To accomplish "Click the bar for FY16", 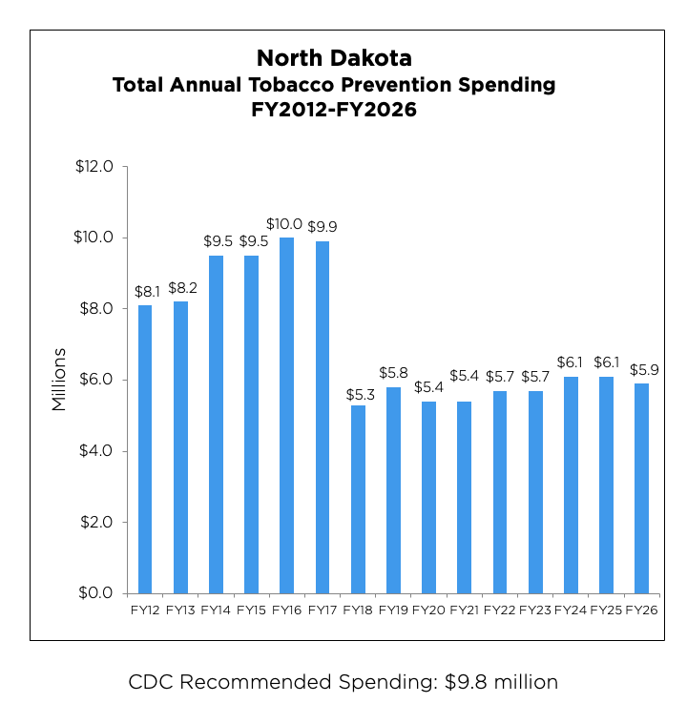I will (x=286, y=415).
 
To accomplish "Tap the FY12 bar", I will (x=145, y=448).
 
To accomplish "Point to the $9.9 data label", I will (x=322, y=227).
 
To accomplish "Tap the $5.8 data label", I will (x=393, y=373).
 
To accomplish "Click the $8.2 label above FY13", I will (x=180, y=287).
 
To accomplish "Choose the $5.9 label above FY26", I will (x=641, y=369).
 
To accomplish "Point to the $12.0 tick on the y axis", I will (x=94, y=167).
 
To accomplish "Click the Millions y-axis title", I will (x=59, y=380).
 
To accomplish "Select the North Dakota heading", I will (x=334, y=57).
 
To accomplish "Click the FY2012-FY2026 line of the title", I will (x=334, y=110).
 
